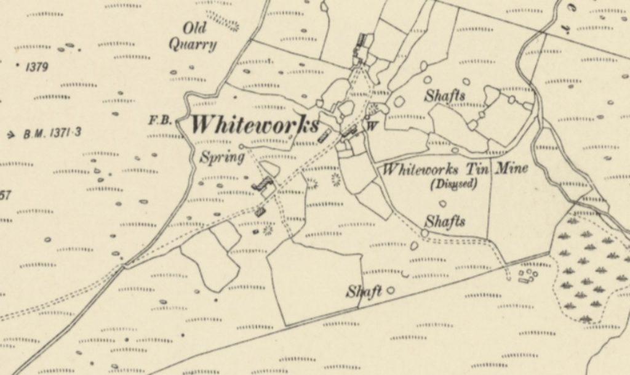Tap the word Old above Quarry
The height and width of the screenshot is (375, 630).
pyautogui.click(x=194, y=28)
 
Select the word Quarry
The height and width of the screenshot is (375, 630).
pyautogui.click(x=193, y=44)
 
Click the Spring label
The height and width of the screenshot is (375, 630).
pyautogui.click(x=219, y=157)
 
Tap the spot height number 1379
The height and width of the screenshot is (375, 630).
pyautogui.click(x=36, y=67)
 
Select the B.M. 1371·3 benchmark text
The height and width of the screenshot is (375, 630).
pyautogui.click(x=52, y=133)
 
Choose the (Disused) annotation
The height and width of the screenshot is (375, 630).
pyautogui.click(x=454, y=183)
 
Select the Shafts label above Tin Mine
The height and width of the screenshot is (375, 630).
pyautogui.click(x=445, y=96)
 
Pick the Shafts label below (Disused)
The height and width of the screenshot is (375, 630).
pyautogui.click(x=445, y=220)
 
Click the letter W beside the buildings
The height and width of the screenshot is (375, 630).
pyautogui.click(x=372, y=127)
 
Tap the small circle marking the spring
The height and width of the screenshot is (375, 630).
pyautogui.click(x=241, y=147)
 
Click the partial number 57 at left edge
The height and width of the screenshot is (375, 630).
pyautogui.click(x=5, y=196)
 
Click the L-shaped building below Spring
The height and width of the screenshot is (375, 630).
pyautogui.click(x=263, y=184)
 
